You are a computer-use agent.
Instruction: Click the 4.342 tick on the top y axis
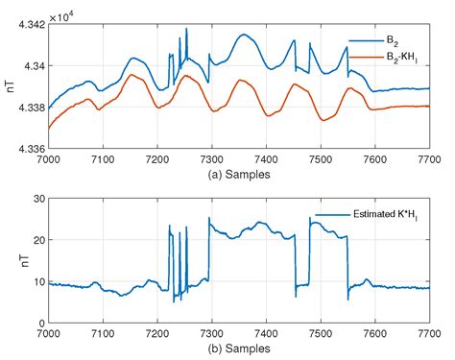coord(24,24)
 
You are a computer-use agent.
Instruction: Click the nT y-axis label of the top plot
coord(8,86)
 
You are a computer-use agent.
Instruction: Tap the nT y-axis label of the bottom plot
coord(8,260)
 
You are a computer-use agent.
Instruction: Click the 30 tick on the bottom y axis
coord(33,198)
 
